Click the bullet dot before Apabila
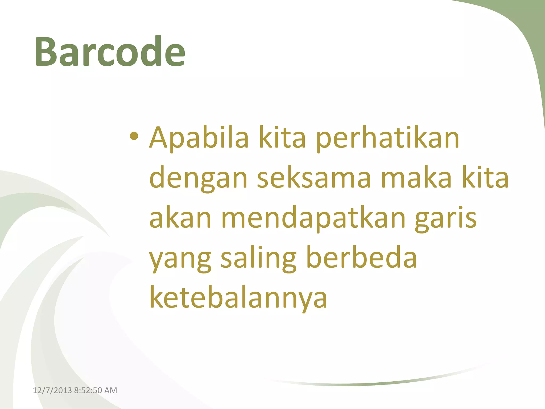click(134, 137)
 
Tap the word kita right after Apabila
click(282, 138)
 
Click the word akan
click(180, 218)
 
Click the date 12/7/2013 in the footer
click(52, 390)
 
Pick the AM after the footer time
click(111, 390)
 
